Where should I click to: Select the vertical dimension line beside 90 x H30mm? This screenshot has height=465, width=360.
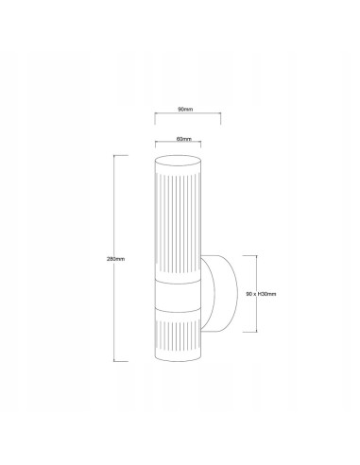pos(255,293)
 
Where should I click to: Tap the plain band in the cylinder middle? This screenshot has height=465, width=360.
pos(179,294)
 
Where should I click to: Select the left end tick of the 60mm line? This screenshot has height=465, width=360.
pos(157,146)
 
